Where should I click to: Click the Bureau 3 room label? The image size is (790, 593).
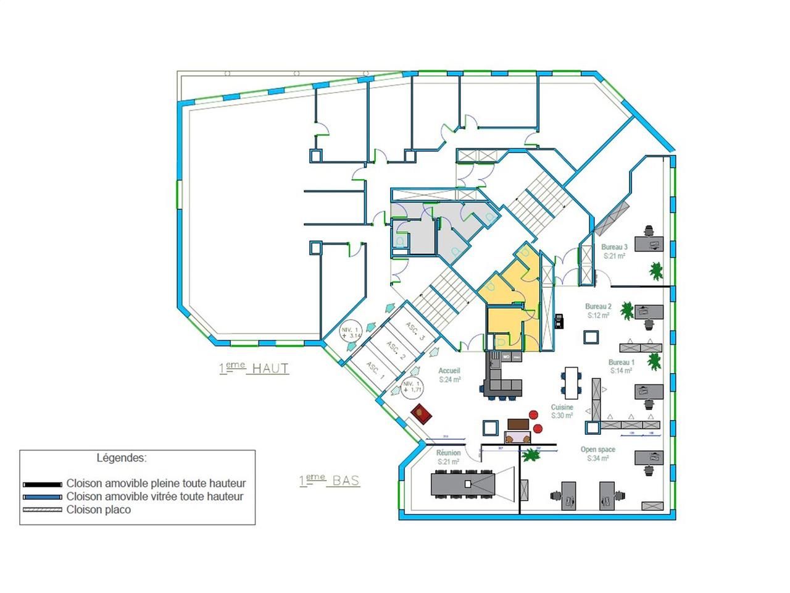coord(614,247)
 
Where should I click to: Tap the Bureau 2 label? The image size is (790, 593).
coord(598,306)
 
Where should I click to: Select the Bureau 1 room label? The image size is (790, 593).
coord(622,363)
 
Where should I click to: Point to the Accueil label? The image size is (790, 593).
coord(450,371)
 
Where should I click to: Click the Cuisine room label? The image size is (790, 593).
coord(562,408)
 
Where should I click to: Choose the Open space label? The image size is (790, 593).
coord(597,450)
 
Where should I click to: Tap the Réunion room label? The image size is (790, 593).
coord(448,453)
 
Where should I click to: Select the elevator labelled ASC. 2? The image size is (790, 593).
coord(396,351)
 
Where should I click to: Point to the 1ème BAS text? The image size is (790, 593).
coord(330,481)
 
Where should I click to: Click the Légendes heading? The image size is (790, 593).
coord(122,458)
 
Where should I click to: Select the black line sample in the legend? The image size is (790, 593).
coord(42,484)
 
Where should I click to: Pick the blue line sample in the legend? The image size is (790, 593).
coord(42,497)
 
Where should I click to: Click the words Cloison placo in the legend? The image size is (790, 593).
coord(99,510)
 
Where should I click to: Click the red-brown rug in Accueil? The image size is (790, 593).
coord(422,412)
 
